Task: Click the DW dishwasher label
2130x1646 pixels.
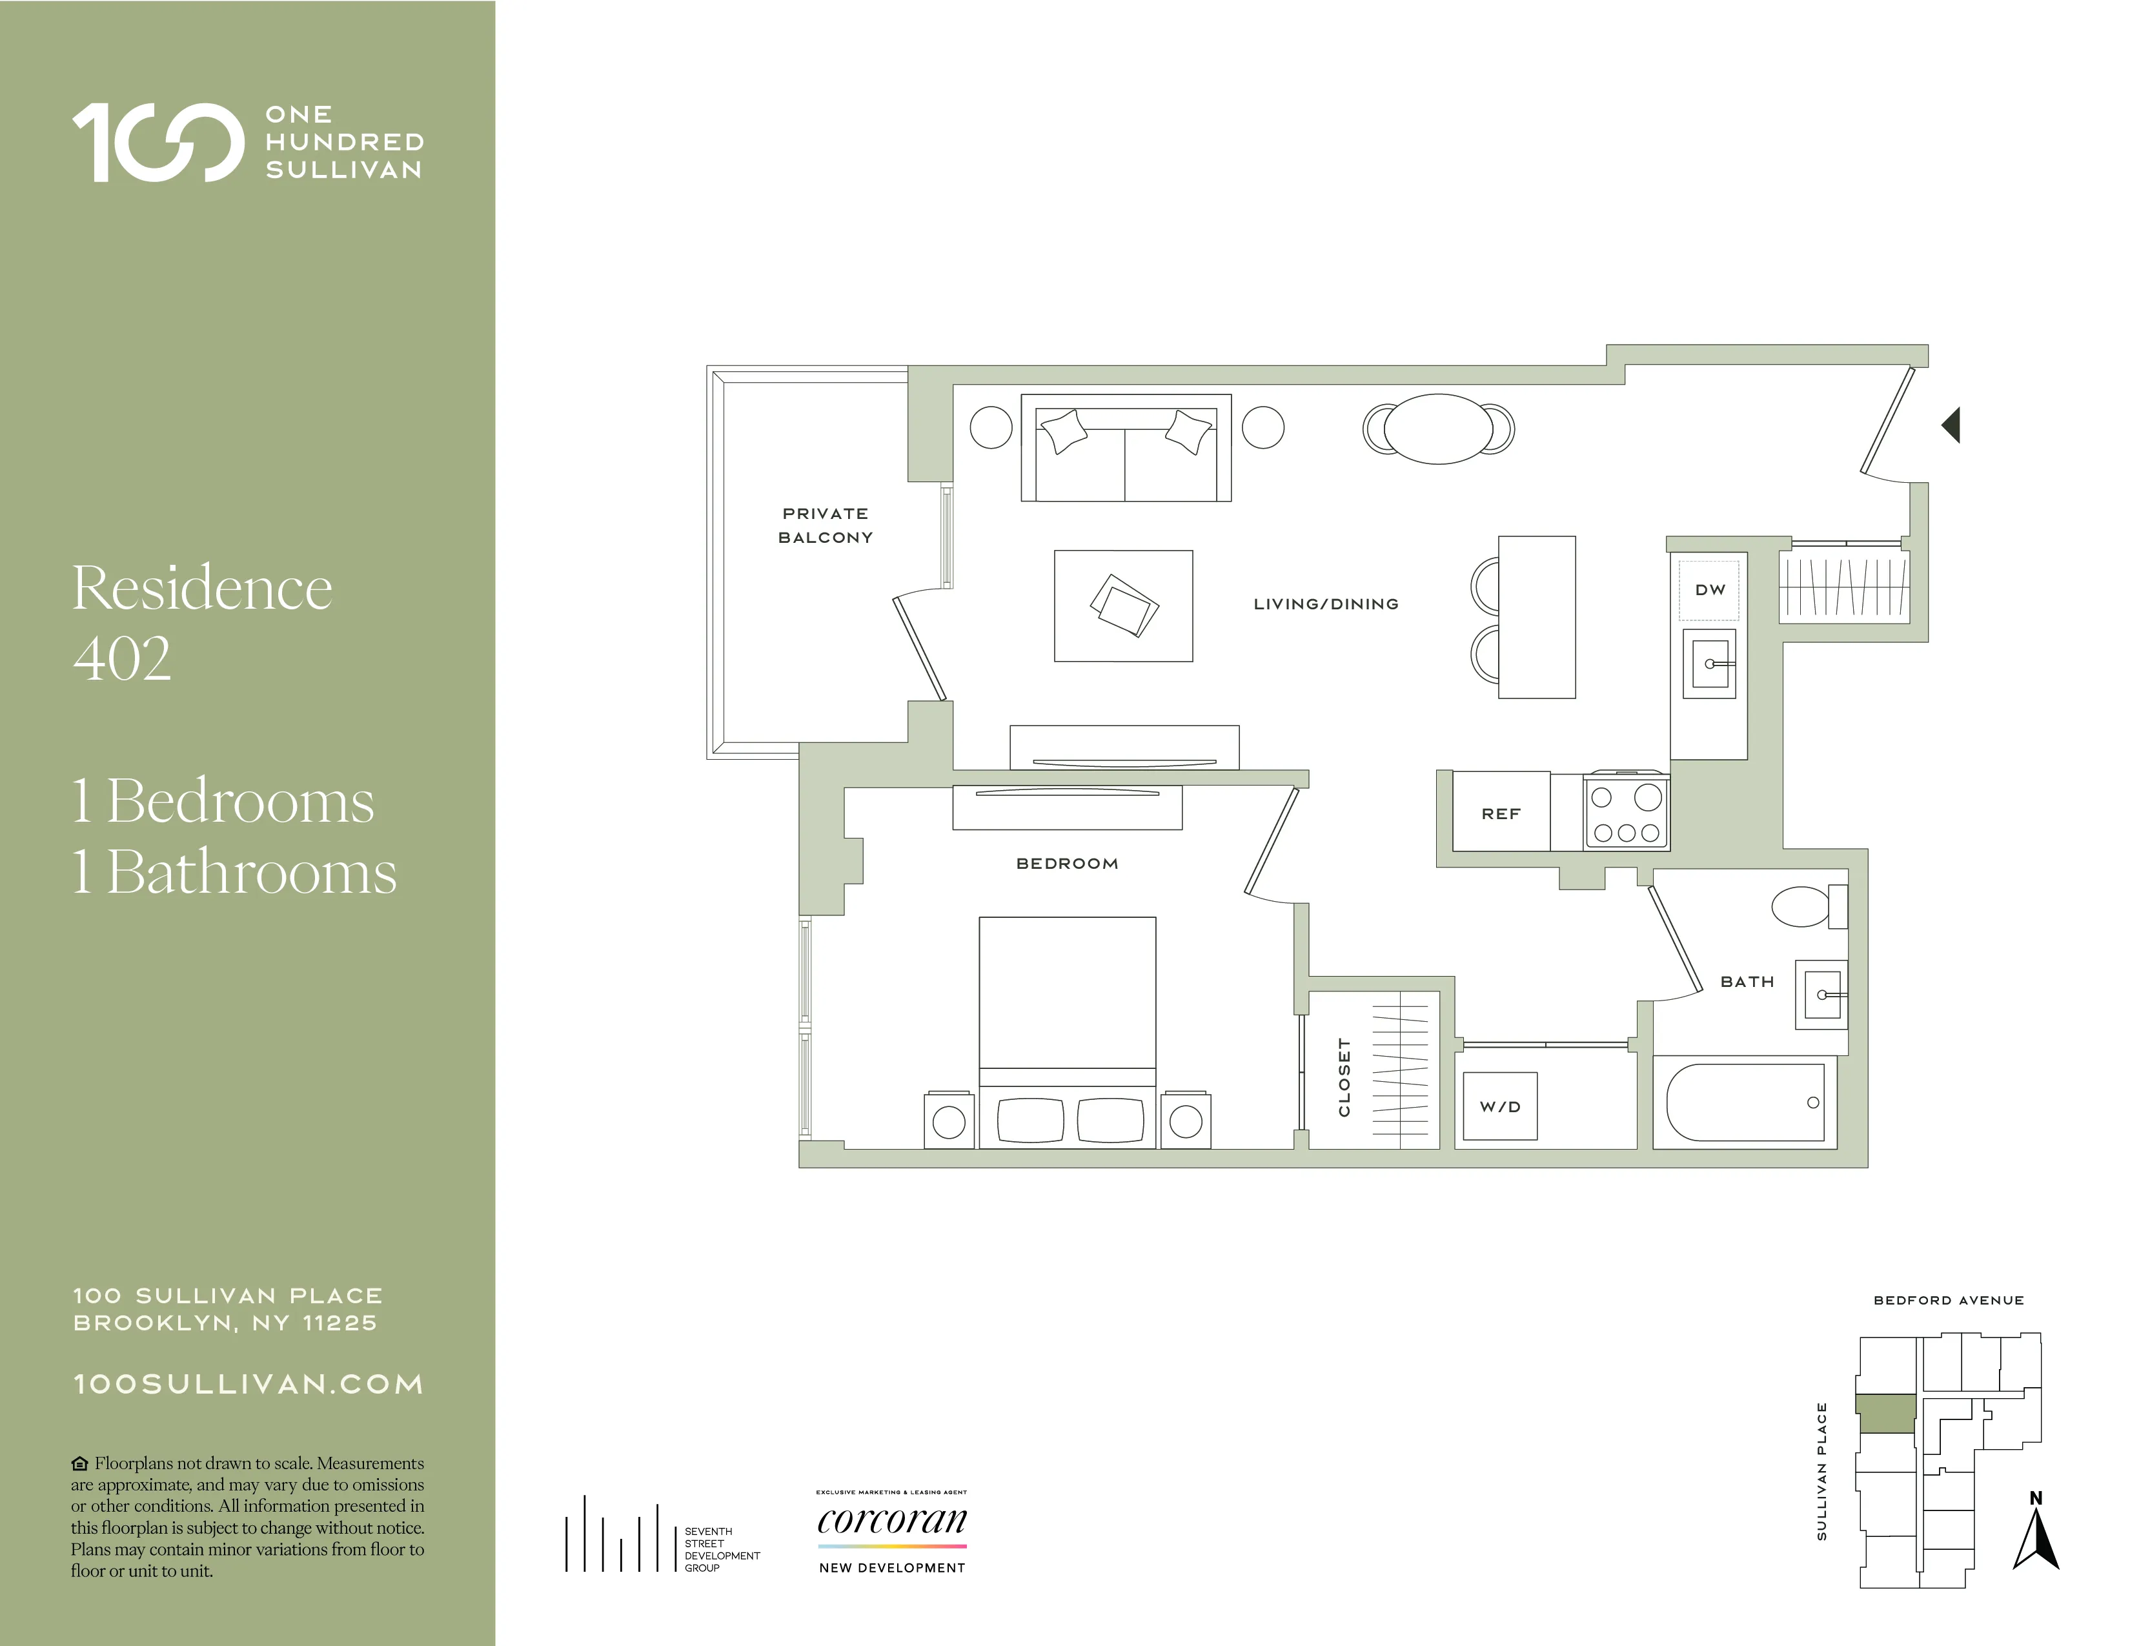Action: click(x=1710, y=590)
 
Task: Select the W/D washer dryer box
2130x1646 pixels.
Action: click(x=1500, y=1107)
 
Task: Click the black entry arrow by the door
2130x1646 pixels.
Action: click(x=1951, y=425)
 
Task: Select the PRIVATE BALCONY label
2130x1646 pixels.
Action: click(x=825, y=525)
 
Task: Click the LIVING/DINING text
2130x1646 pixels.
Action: click(x=1325, y=605)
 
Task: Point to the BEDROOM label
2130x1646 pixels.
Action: click(x=1067, y=864)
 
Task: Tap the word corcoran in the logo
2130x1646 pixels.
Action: click(x=891, y=1519)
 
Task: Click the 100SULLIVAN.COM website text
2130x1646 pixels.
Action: click(x=249, y=1385)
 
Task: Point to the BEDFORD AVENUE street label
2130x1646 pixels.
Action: click(x=1947, y=1300)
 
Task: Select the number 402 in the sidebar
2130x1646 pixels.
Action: click(x=123, y=658)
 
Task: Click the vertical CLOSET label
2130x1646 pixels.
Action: click(x=1344, y=1077)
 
